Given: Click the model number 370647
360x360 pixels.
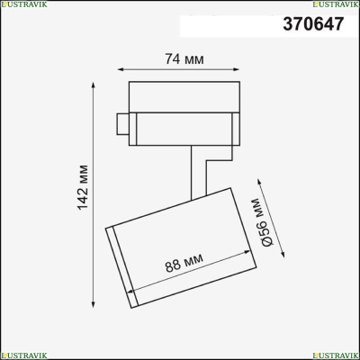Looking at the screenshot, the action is pos(313,23).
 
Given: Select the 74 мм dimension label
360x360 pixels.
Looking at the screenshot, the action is pos(184,59).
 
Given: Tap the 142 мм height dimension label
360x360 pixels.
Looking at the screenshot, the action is pos(83,187).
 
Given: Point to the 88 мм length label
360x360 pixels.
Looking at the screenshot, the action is pos(184,263).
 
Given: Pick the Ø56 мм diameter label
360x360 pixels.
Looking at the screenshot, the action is pos(263,222).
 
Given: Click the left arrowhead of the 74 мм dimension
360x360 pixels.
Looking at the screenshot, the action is pos(121,69).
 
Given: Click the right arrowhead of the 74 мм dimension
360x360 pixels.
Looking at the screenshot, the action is pos(237,69).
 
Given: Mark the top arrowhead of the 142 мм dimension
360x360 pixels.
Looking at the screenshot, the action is pos(94,85).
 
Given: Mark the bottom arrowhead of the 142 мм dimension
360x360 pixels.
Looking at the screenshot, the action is pos(94,304).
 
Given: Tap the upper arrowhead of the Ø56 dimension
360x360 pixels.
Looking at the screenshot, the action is pos(259,182).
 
